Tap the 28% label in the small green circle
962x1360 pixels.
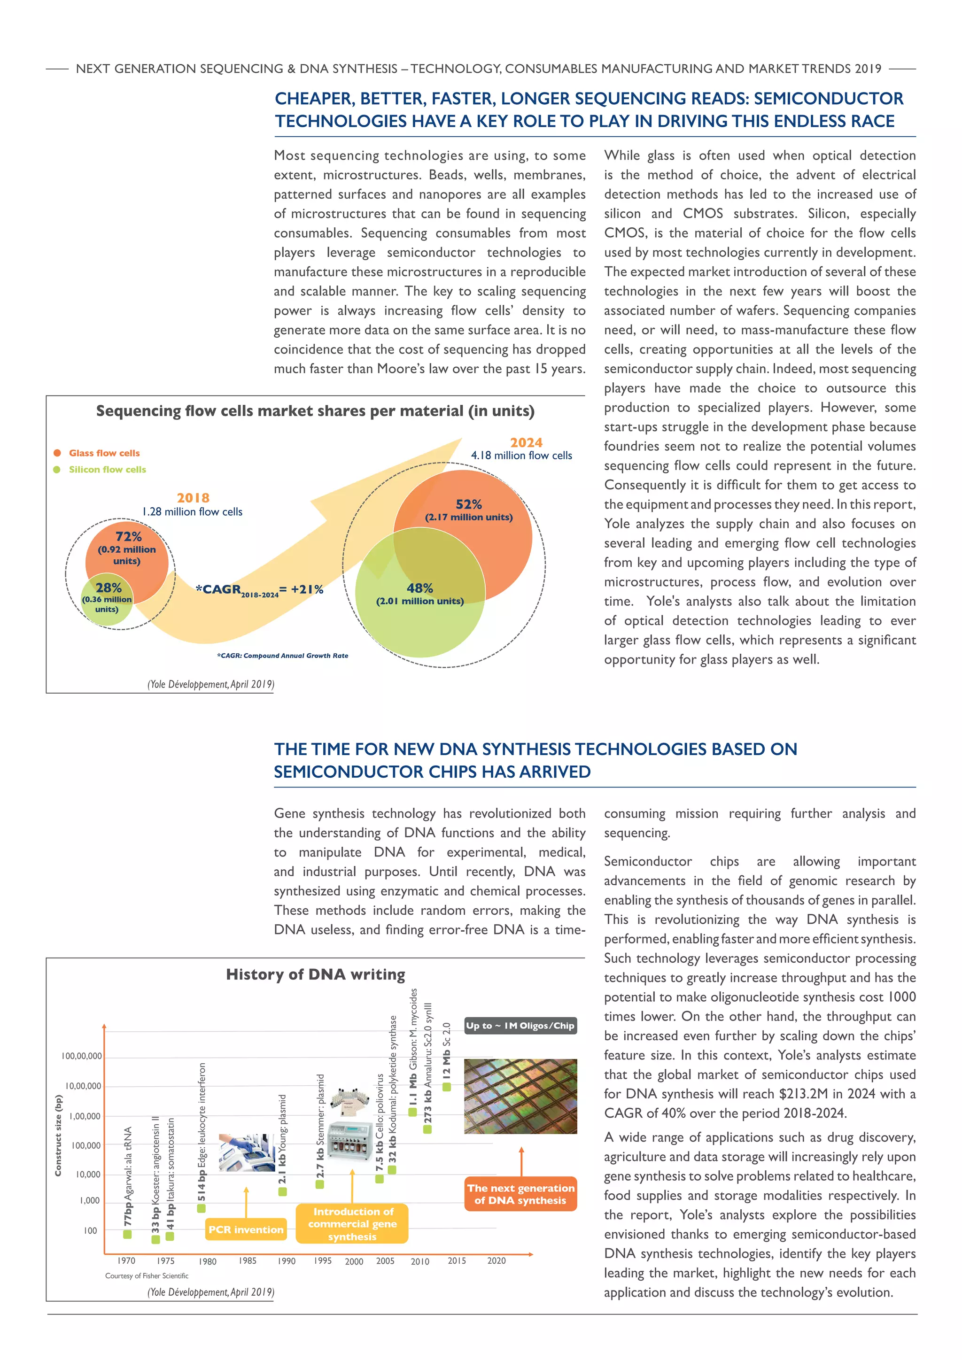(x=109, y=587)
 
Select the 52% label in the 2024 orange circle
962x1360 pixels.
(x=469, y=504)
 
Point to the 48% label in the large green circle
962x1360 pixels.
(x=419, y=588)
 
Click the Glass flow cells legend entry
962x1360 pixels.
(x=104, y=453)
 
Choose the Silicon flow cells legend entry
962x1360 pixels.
(x=107, y=470)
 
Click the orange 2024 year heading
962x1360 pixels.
(x=526, y=442)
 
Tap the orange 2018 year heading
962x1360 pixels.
(x=193, y=498)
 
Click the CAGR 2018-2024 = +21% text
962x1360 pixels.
(x=259, y=589)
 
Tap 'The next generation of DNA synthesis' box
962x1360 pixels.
(x=520, y=1194)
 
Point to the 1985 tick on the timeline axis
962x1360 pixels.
(x=248, y=1260)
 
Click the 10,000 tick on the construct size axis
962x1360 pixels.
(x=88, y=1175)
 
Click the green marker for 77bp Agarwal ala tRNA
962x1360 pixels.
(x=127, y=1235)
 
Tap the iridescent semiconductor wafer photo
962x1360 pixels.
(x=520, y=1097)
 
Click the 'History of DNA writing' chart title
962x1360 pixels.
(x=315, y=974)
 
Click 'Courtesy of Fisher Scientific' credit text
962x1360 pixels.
(x=147, y=1276)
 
